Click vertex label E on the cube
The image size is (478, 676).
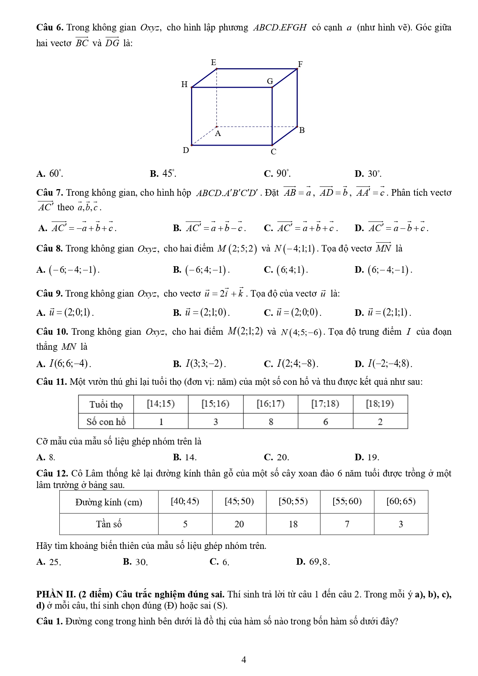(x=214, y=62)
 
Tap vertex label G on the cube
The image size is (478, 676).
(x=270, y=81)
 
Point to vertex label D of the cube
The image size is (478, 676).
(x=186, y=150)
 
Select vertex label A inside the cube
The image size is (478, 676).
(x=218, y=134)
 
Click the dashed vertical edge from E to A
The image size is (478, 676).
(x=217, y=98)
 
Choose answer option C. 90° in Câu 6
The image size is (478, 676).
(x=277, y=174)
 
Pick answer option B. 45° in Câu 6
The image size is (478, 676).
(x=163, y=174)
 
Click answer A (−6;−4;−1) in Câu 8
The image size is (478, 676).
(x=68, y=270)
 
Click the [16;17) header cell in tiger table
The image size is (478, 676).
(x=270, y=404)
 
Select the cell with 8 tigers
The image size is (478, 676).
(x=271, y=422)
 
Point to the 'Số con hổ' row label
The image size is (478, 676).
(x=106, y=422)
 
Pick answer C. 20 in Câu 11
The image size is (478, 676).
(x=277, y=457)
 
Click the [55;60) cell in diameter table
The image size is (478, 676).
(x=347, y=502)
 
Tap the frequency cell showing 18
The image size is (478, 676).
(x=293, y=524)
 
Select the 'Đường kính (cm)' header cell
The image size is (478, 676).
(x=109, y=502)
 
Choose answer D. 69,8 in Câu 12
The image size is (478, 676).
(x=313, y=562)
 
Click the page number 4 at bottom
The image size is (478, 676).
(x=243, y=660)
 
